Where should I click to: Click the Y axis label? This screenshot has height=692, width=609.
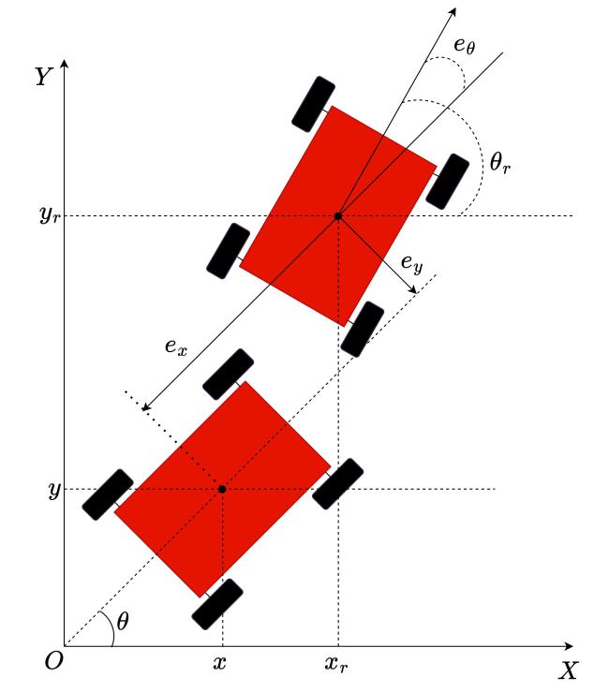point(44,77)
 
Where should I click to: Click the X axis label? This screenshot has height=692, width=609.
point(568,670)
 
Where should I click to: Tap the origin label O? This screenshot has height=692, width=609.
point(54,661)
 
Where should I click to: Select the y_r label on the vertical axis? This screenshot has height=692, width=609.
point(50,215)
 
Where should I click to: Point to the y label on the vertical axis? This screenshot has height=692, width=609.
point(54,490)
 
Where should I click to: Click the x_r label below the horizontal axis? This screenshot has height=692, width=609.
point(336,664)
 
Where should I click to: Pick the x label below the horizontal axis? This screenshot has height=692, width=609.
point(219,662)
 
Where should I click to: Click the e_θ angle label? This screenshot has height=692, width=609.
point(465,46)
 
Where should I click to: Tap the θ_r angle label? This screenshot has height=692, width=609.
point(500,162)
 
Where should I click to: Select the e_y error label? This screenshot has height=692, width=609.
point(411,263)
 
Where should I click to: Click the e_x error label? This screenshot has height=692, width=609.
point(176,346)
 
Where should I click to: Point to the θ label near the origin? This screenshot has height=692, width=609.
point(123,622)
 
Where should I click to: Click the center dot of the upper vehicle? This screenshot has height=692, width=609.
point(338,216)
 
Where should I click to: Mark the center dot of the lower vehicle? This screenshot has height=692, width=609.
point(222,489)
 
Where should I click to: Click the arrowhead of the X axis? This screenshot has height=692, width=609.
point(569,646)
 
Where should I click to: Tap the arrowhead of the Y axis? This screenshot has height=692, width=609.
point(65,64)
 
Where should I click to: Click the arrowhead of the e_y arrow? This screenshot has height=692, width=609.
point(412,290)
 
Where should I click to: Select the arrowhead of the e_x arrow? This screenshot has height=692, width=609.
point(146,406)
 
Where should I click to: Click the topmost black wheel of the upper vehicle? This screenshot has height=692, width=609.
point(313,104)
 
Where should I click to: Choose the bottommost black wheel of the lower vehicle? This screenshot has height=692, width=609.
point(217,604)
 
